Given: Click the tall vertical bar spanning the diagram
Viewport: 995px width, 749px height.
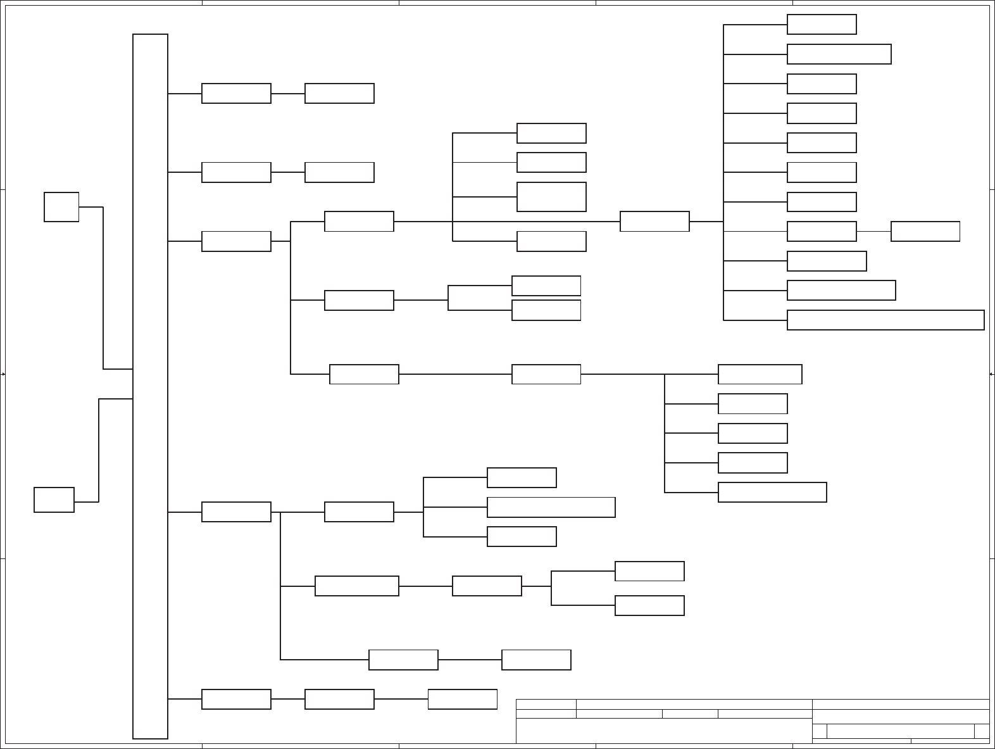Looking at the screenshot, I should (150, 386).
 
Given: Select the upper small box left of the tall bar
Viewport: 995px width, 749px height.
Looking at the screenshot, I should (61, 207).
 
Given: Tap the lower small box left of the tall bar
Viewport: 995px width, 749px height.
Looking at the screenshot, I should (54, 500).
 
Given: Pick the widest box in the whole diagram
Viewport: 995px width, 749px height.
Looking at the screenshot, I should (885, 320).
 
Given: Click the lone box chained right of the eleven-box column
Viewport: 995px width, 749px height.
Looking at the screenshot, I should (925, 232).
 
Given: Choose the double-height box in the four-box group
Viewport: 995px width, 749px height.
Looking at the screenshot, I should (551, 197).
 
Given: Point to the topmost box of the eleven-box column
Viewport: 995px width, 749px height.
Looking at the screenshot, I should (822, 25).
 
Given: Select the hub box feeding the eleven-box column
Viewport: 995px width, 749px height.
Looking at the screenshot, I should (654, 222).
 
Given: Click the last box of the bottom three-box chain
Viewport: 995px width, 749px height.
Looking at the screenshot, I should (462, 699).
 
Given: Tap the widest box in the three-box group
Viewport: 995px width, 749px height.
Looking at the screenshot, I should (551, 507).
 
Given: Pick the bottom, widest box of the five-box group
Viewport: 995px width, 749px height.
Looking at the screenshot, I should (772, 492).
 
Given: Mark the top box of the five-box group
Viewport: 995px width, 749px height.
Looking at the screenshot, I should (760, 374).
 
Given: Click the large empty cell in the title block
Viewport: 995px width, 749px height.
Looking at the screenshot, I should (663, 731).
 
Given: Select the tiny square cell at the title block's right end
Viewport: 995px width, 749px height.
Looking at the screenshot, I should (982, 731).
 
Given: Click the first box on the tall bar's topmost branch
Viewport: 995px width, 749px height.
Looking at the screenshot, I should (236, 93).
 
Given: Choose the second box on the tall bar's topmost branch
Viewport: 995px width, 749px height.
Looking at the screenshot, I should (339, 93).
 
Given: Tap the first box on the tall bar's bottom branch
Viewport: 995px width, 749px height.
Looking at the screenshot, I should (236, 699).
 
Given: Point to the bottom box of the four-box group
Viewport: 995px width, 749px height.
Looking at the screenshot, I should (551, 241).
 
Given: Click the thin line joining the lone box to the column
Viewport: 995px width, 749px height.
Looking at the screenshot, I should (873, 232).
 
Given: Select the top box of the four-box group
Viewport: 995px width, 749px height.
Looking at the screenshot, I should (551, 133).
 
